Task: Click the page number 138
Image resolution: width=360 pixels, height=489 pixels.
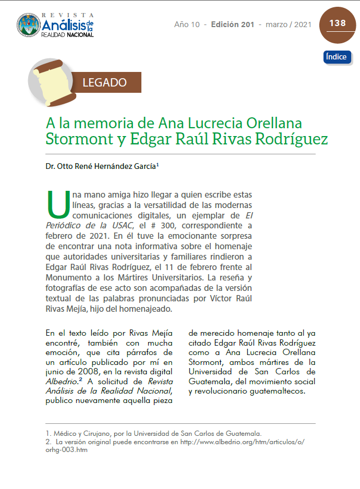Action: pos(338,23)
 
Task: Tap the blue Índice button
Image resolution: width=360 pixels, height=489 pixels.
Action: pos(337,57)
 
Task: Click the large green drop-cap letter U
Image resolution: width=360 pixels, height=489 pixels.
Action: pos(57,205)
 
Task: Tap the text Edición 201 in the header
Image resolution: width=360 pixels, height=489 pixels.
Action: pos(232,25)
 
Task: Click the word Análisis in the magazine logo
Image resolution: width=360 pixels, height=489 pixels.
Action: pos(61,25)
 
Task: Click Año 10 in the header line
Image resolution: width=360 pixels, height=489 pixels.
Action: pos(188,25)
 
